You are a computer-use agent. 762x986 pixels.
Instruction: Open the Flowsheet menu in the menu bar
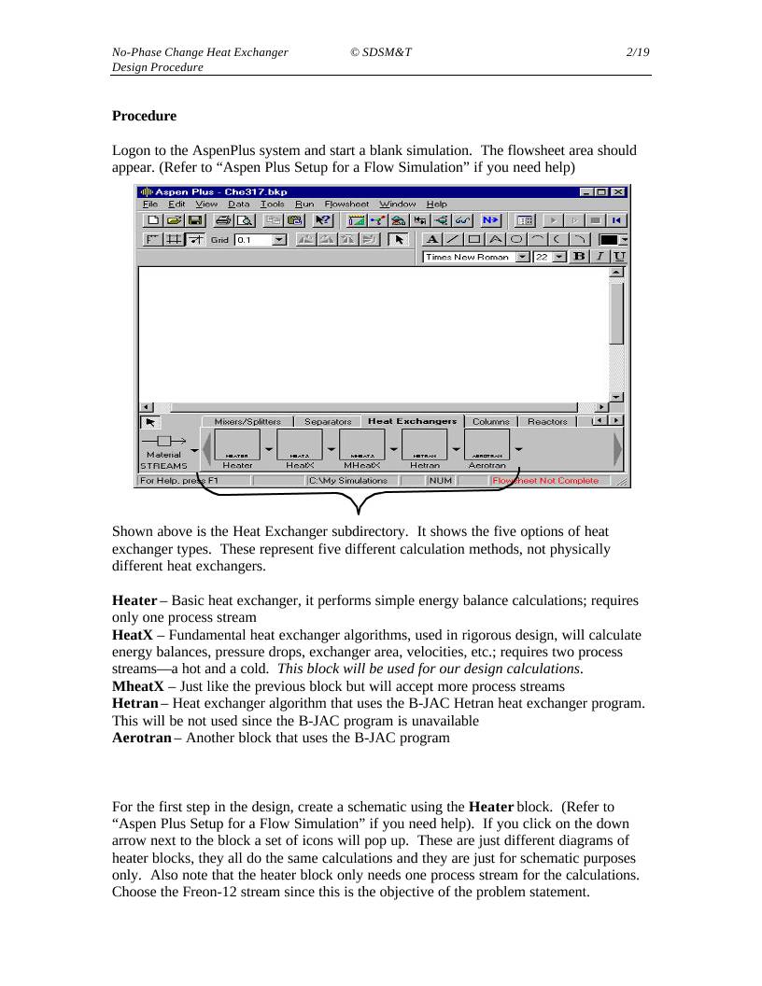tap(346, 204)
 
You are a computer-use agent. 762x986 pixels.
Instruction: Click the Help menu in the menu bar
tap(437, 204)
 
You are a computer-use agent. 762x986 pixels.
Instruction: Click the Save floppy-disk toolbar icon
tap(195, 220)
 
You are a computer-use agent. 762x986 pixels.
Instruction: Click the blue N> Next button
tap(490, 220)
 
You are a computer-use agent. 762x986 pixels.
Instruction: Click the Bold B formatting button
tap(578, 257)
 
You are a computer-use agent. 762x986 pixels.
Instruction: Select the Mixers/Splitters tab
tap(247, 421)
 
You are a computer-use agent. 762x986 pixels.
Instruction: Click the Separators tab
tap(328, 421)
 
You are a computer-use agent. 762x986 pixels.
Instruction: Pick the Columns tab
tap(490, 421)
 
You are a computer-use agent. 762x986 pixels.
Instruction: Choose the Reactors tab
tap(547, 421)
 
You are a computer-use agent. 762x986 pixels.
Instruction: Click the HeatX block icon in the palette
tap(300, 444)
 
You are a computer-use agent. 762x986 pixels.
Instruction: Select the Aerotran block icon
tap(487, 444)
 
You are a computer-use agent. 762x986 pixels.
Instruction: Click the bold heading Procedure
tap(144, 116)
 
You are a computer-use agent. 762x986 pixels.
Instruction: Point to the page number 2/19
tap(638, 52)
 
